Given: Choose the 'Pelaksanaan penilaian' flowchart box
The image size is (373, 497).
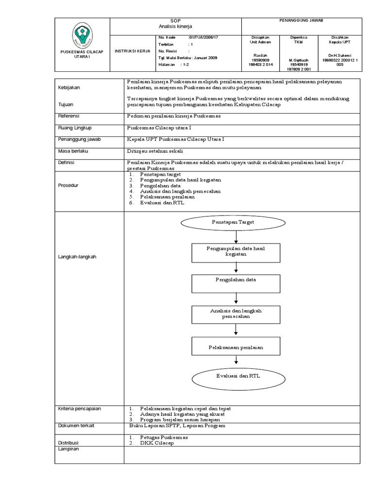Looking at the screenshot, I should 236,347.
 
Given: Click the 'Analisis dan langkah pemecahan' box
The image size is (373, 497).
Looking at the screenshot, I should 236,314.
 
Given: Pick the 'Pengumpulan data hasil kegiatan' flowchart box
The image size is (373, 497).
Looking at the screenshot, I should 236,252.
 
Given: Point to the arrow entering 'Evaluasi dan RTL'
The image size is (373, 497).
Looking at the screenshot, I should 236,360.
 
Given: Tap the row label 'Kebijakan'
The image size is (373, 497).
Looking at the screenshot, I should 68,88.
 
